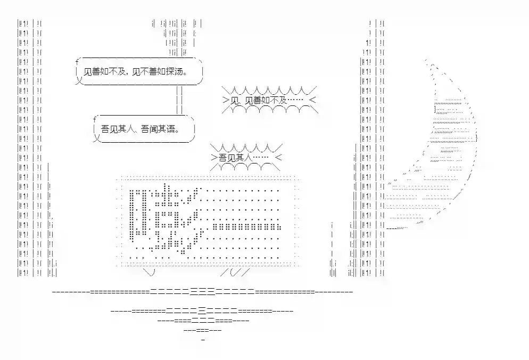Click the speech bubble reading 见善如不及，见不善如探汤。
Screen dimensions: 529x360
139,71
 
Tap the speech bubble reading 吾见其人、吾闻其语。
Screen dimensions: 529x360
144,129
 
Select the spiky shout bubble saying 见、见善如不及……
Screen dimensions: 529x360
270,100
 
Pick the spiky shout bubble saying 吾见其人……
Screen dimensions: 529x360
246,158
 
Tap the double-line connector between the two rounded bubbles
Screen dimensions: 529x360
179,100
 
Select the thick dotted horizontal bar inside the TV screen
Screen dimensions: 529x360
246,226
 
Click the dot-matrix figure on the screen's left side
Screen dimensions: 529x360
166,218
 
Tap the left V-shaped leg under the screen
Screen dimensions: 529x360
149,272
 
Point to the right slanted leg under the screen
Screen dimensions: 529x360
235,272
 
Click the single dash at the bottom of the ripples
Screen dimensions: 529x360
203,339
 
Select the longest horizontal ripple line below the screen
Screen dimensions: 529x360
202,291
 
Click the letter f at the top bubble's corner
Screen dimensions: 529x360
77,62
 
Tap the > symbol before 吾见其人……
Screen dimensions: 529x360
214,158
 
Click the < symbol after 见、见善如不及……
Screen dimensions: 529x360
312,100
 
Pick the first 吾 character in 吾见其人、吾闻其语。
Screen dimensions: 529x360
105,129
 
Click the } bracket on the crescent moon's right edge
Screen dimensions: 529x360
476,138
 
